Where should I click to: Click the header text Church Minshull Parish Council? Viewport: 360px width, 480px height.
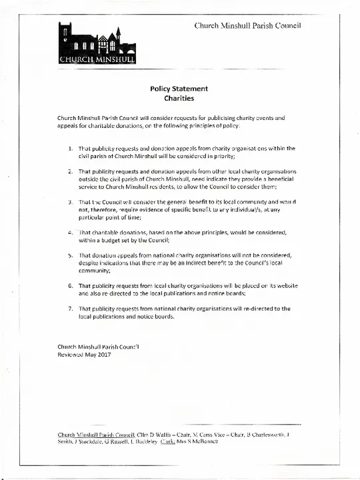(248, 25)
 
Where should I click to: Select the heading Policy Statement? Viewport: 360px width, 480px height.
(179, 89)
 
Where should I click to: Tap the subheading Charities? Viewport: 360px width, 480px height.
(179, 99)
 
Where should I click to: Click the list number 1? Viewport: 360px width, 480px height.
(71, 148)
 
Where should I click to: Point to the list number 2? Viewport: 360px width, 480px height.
(71, 171)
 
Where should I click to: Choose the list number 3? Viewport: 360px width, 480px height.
(71, 201)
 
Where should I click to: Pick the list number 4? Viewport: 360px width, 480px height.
(71, 232)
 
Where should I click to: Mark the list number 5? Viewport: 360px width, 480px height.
(71, 255)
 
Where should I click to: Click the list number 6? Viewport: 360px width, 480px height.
(71, 285)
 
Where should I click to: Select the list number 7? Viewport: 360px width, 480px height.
(71, 309)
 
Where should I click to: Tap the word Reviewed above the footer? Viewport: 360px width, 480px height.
(71, 355)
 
